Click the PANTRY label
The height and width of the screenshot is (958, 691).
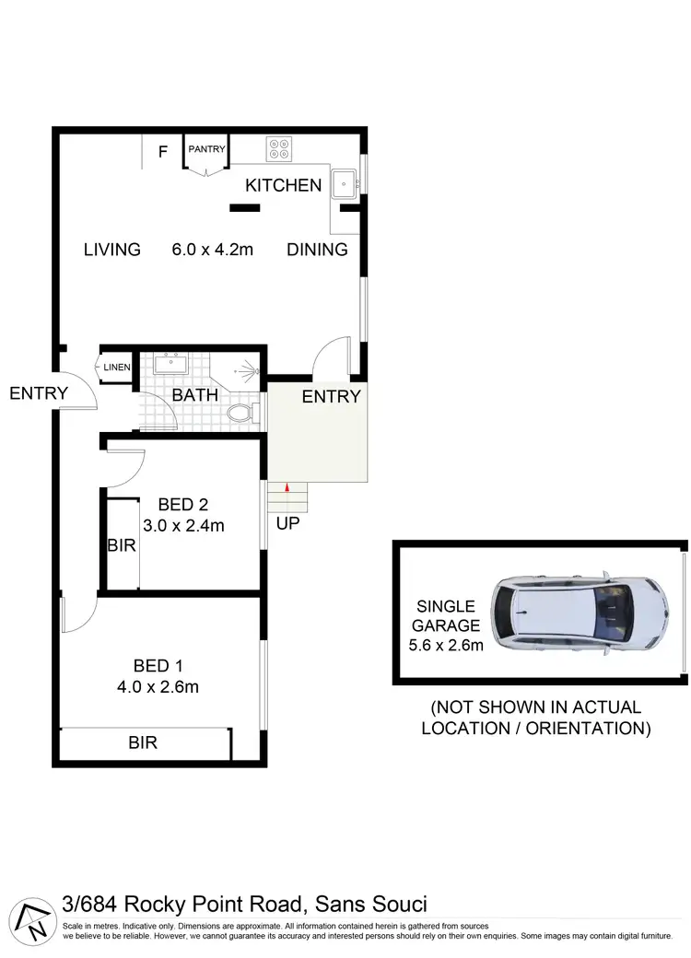pos(206,149)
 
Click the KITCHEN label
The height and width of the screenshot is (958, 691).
pos(283,185)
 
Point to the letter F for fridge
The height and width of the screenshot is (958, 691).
pos(162,152)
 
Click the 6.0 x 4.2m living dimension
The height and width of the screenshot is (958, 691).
pos(213,249)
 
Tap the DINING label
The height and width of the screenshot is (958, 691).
pos(317,249)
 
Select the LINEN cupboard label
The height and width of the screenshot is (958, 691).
pos(117,368)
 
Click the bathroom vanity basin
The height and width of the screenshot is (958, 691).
pos(171,364)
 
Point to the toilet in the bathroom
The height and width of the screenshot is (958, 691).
pos(241,412)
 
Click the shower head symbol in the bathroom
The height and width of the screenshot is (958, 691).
pos(245,373)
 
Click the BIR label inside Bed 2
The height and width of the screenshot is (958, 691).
pos(122,544)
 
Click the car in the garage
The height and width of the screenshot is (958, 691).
pos(580,612)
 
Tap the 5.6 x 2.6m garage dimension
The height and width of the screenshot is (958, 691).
pos(447,645)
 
